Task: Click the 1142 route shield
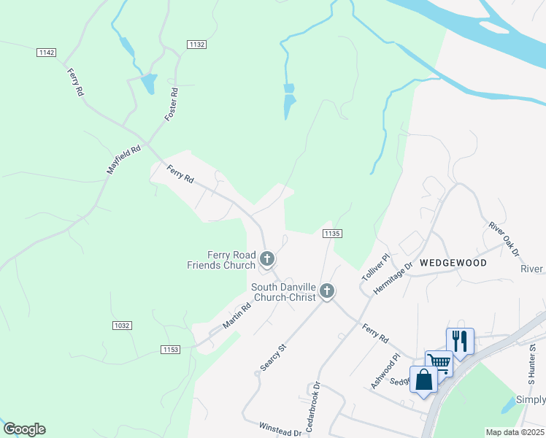tap(47, 52)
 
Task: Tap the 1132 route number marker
tap(196, 45)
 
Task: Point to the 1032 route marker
tap(122, 324)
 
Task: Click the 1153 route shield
tap(171, 350)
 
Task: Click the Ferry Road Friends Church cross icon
tap(268, 258)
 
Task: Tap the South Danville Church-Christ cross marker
tap(326, 291)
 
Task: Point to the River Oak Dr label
tap(503, 239)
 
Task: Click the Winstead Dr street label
tap(281, 429)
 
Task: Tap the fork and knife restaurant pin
tap(460, 339)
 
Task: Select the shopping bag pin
tap(423, 380)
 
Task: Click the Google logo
tap(24, 429)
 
